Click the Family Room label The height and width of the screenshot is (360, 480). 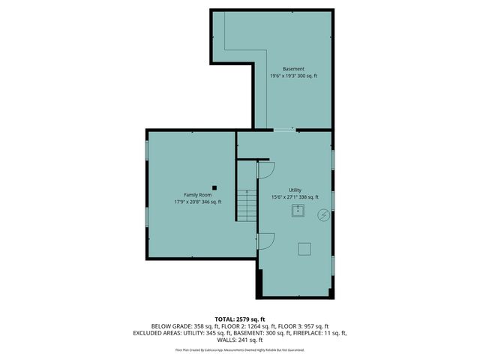pos(197,194)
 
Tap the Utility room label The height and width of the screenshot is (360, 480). pos(295,190)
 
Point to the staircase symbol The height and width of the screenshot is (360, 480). pos(247,205)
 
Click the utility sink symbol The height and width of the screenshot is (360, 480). pos(298,211)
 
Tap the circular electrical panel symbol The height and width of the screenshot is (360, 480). pos(323,214)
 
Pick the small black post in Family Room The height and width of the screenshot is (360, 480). pos(214,187)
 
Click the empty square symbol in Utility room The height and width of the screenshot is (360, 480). pos(304,248)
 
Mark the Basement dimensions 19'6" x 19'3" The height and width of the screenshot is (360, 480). pos(283,76)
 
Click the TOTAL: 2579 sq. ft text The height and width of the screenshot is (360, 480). pos(240,319)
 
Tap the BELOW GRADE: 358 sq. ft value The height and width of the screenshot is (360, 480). pos(182,326)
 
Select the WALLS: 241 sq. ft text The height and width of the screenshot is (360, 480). pos(240,340)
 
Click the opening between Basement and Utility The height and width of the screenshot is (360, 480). pos(283,130)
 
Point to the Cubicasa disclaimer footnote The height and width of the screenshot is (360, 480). pos(240,349)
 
